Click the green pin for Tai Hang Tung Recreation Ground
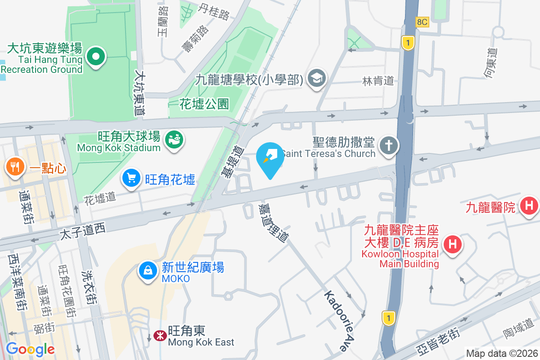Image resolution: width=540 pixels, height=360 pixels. (95, 57)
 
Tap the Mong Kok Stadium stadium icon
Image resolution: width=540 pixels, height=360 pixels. (173, 139)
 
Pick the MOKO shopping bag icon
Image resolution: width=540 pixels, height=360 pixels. (148, 271)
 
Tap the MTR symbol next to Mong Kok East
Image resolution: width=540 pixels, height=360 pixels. (159, 336)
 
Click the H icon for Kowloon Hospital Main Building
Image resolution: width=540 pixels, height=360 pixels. (452, 244)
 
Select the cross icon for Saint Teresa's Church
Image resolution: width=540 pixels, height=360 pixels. (387, 145)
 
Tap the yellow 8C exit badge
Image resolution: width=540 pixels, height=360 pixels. (422, 22)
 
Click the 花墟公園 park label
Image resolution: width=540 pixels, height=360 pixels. (204, 104)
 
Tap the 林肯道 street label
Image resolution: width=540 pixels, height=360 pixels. (378, 81)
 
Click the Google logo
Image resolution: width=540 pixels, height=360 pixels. (30, 349)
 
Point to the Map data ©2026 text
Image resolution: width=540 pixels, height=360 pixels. (501, 353)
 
